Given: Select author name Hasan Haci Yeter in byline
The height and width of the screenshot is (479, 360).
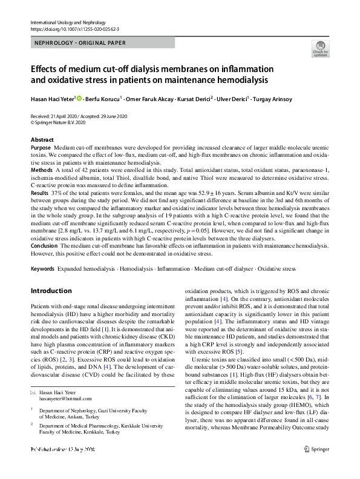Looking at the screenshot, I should point(52,97).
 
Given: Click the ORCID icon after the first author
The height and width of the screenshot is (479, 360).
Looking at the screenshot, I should point(78,97).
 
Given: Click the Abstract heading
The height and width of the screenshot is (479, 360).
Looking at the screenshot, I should point(42,140).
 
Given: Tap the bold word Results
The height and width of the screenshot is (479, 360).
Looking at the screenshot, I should point(40,191).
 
